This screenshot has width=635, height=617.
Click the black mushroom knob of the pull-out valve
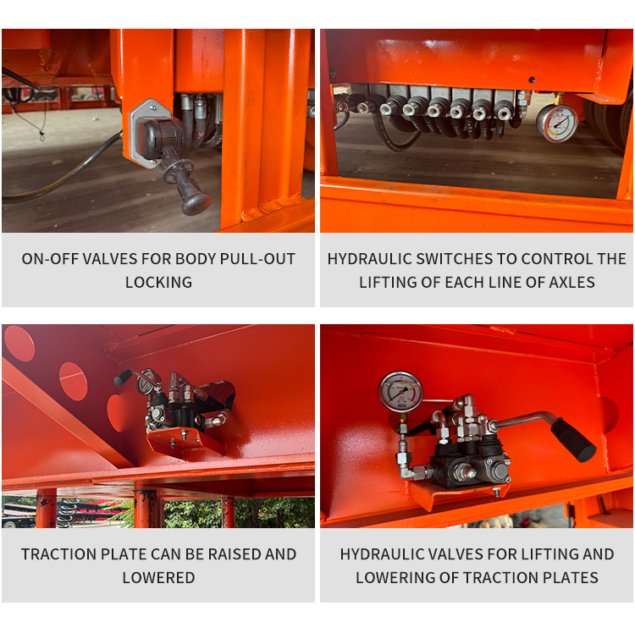click(x=196, y=203)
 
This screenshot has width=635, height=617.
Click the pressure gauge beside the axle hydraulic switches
click(x=556, y=124)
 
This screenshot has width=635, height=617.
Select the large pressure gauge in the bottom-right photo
click(x=400, y=392)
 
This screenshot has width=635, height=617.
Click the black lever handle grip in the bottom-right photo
click(x=573, y=439)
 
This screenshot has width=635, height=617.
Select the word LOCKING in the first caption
click(x=158, y=283)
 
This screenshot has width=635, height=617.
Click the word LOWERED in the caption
click(x=159, y=578)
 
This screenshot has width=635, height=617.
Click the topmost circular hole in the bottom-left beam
click(x=19, y=344)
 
